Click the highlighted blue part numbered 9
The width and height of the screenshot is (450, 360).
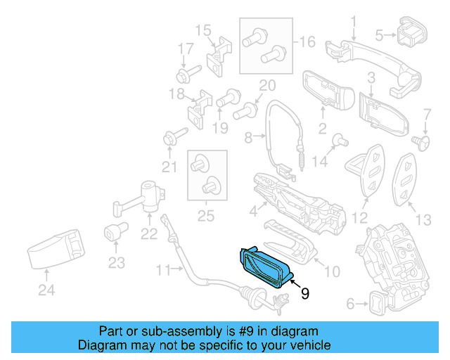[266, 267]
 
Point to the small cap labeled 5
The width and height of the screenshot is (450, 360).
[412, 34]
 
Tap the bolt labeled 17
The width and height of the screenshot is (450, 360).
[188, 71]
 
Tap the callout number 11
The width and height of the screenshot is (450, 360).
[163, 269]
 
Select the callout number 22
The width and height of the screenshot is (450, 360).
[149, 235]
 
